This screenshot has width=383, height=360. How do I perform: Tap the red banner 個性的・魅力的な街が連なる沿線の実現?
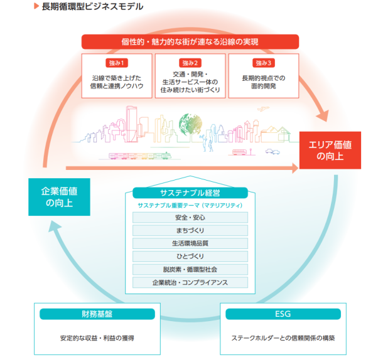[190, 42]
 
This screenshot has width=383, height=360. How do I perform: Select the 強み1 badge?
[117, 63]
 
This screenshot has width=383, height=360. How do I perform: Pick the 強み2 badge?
[190, 63]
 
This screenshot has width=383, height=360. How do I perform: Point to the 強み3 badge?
[263, 63]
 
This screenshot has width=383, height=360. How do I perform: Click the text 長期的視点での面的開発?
[263, 83]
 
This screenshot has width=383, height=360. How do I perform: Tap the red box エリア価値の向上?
[330, 151]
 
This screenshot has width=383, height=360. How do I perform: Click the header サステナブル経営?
[190, 191]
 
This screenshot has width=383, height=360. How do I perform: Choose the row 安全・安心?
[190, 218]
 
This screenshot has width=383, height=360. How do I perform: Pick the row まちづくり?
[190, 231]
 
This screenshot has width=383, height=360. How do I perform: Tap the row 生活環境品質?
[190, 243]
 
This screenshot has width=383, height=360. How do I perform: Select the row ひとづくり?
[190, 257]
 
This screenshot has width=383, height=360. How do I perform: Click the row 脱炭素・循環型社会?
[190, 269]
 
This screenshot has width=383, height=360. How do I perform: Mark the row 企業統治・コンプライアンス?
[190, 282]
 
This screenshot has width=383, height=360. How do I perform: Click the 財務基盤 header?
[97, 314]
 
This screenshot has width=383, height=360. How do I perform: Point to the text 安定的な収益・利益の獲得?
[97, 337]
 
